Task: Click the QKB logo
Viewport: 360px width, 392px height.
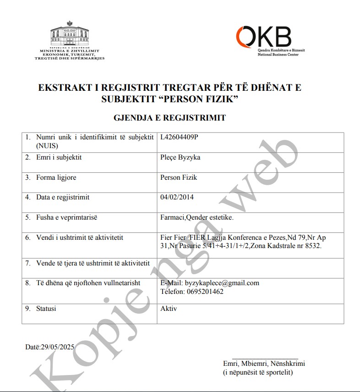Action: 264,36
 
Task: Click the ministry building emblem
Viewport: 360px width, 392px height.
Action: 70,35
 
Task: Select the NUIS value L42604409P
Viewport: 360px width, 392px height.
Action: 180,137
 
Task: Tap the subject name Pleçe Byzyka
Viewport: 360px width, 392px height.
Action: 180,157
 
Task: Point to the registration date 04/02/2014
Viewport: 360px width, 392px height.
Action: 177,197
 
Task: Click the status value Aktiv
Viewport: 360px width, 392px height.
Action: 169,309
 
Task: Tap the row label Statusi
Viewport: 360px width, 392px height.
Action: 46,309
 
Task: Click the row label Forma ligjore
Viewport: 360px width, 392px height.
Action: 56,177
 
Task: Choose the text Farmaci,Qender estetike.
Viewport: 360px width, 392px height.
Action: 196,217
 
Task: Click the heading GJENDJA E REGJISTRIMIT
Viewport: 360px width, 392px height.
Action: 169,118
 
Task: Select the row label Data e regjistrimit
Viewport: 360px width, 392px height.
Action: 63,197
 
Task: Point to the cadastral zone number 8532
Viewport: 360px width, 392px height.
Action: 313,246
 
